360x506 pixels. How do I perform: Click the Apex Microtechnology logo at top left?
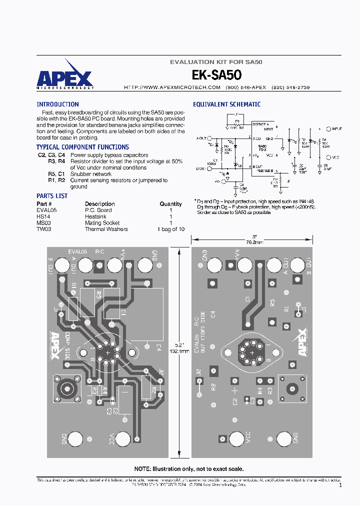pos(64,78)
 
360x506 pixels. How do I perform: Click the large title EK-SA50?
pos(216,75)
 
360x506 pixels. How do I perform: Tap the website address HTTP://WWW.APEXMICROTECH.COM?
pos(172,87)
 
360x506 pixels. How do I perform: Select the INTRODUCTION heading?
pos(57,104)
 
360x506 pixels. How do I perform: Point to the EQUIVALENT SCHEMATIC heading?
pos(226,104)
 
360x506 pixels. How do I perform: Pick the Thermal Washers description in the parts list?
pos(106,229)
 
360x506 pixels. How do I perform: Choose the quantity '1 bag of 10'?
pos(170,229)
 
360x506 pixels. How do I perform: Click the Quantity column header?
pos(170,204)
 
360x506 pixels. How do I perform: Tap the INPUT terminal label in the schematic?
pos(337,128)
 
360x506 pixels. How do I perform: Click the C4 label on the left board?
pos(158,347)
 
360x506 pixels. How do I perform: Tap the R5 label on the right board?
pos(272,302)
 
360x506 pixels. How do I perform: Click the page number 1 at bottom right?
pos(340,485)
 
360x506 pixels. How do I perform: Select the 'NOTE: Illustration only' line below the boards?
pos(189,469)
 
